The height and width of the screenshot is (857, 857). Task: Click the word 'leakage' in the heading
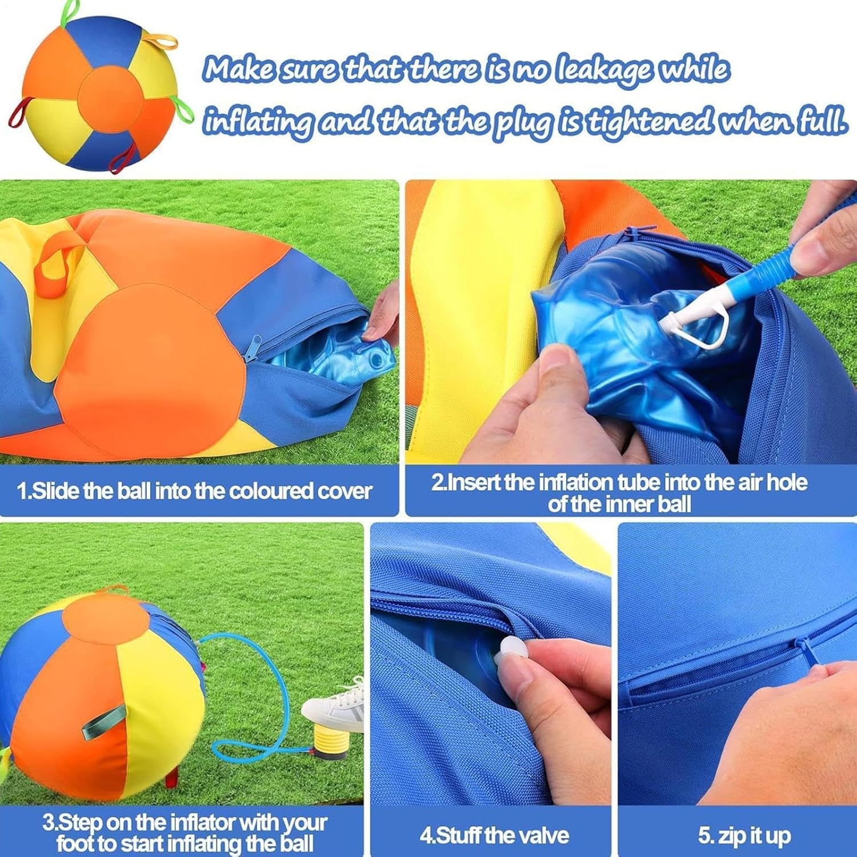tap(604, 70)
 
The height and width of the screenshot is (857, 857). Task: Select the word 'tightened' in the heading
tap(651, 121)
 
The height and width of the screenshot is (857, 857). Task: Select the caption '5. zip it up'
tap(744, 835)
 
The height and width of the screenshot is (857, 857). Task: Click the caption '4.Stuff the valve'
tap(494, 835)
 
